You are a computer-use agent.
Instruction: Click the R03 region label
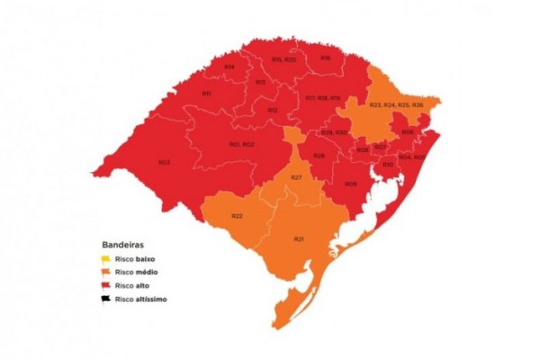pos(165,162)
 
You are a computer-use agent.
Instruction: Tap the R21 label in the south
pos(298,238)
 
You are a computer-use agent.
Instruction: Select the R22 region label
pos(238,216)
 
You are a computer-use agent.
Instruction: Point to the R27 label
pos(296,177)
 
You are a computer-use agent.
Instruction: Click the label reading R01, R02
pos(241,144)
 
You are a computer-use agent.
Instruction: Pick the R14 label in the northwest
pos(229,67)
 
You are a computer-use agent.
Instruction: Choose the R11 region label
pos(206,94)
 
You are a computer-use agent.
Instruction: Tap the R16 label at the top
pos(325,58)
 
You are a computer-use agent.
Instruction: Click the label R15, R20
pos(283,59)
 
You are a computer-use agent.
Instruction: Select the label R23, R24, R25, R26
pos(396,105)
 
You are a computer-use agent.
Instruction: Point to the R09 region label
pos(350,184)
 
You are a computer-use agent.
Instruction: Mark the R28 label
pos(319,156)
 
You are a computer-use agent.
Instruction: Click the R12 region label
pos(272,110)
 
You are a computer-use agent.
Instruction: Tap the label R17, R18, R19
pos(322,97)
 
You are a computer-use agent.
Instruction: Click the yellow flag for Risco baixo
pos(105,257)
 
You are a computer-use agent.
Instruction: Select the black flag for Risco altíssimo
pos(105,298)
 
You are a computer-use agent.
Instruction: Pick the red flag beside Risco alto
pos(105,284)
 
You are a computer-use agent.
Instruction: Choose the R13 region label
pos(260,82)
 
